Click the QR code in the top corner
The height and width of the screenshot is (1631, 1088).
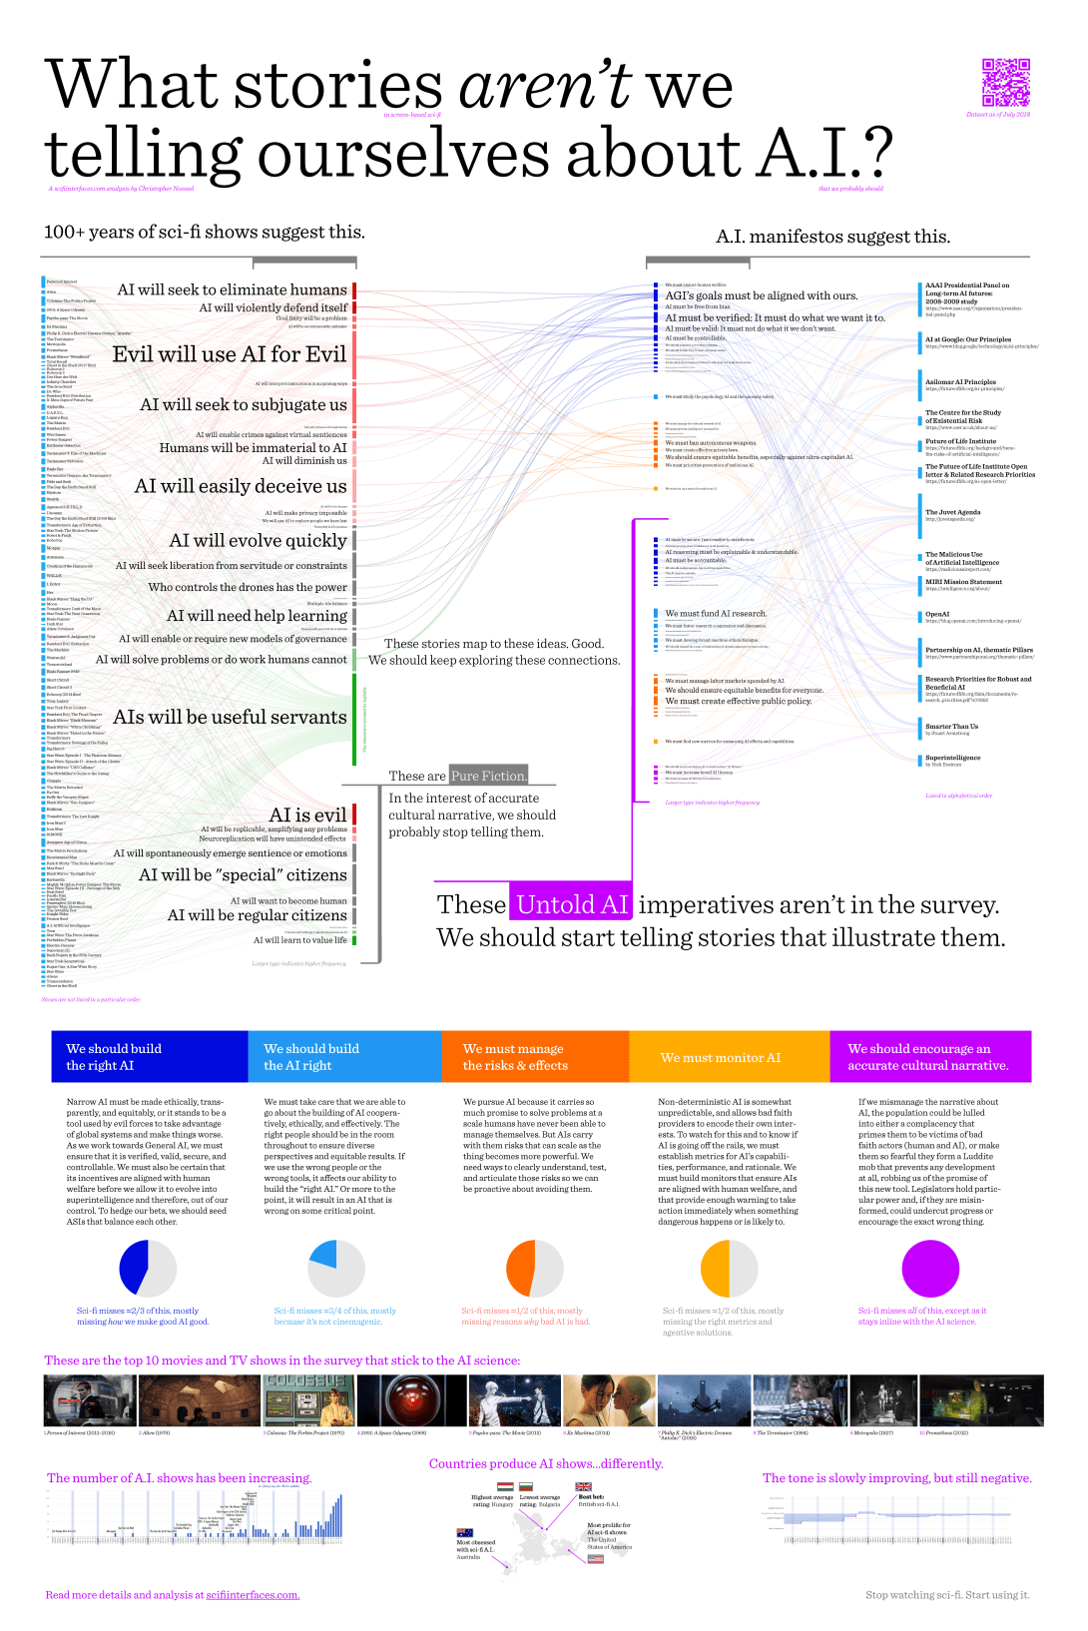tap(1005, 82)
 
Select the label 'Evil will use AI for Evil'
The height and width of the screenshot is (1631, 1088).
tap(229, 354)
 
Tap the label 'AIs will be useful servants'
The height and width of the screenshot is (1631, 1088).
tap(230, 717)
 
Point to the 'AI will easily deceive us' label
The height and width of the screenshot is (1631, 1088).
tap(241, 486)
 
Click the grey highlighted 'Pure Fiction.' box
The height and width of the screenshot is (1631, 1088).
tap(488, 776)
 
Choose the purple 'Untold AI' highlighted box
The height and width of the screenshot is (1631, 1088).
tap(571, 904)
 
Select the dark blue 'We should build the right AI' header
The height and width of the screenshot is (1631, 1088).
tap(150, 1057)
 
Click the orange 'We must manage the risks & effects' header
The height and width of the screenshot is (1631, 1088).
tap(535, 1057)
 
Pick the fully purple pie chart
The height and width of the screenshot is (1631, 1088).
tap(930, 1269)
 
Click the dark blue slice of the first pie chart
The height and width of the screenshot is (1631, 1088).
tap(133, 1269)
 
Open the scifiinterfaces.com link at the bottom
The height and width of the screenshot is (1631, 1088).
tap(253, 1595)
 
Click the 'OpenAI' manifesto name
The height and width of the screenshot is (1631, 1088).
tap(937, 614)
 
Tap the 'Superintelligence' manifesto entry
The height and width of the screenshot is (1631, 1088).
tap(952, 758)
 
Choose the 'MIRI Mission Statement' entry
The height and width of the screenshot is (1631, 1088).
tap(963, 582)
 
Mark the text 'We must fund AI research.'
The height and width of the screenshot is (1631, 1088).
tap(716, 613)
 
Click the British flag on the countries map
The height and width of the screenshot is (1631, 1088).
tap(584, 1486)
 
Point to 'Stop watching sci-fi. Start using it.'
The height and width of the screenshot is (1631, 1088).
tap(947, 1595)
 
